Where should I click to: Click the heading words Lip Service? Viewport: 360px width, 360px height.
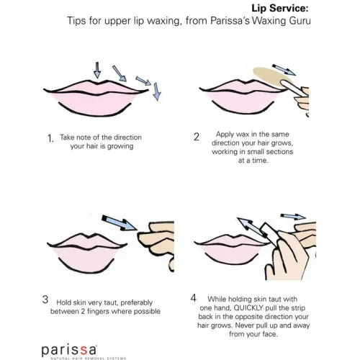tap(279, 8)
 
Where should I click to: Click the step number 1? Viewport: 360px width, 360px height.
tap(50, 138)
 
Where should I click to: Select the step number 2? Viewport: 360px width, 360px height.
tap(197, 137)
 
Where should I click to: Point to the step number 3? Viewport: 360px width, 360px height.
tap(45, 300)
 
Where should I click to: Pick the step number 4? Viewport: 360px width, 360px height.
tap(194, 298)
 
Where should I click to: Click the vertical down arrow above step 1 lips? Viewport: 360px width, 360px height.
tap(97, 70)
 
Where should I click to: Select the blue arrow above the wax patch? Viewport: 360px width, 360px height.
tap(284, 70)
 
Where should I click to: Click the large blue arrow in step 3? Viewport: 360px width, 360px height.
tap(119, 223)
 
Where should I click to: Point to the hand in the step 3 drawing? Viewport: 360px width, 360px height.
tap(156, 245)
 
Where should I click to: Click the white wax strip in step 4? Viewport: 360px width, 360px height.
tap(270, 233)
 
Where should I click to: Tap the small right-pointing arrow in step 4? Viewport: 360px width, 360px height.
tap(293, 216)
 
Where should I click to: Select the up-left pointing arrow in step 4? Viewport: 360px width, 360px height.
tap(251, 228)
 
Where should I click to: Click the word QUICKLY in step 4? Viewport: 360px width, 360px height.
tap(248, 308)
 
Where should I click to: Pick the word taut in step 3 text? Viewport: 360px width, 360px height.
tap(109, 302)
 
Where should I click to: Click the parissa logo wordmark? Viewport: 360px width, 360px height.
tap(69, 351)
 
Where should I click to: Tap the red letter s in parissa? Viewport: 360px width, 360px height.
tap(84, 351)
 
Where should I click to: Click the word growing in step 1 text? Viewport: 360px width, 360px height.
tap(120, 146)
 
